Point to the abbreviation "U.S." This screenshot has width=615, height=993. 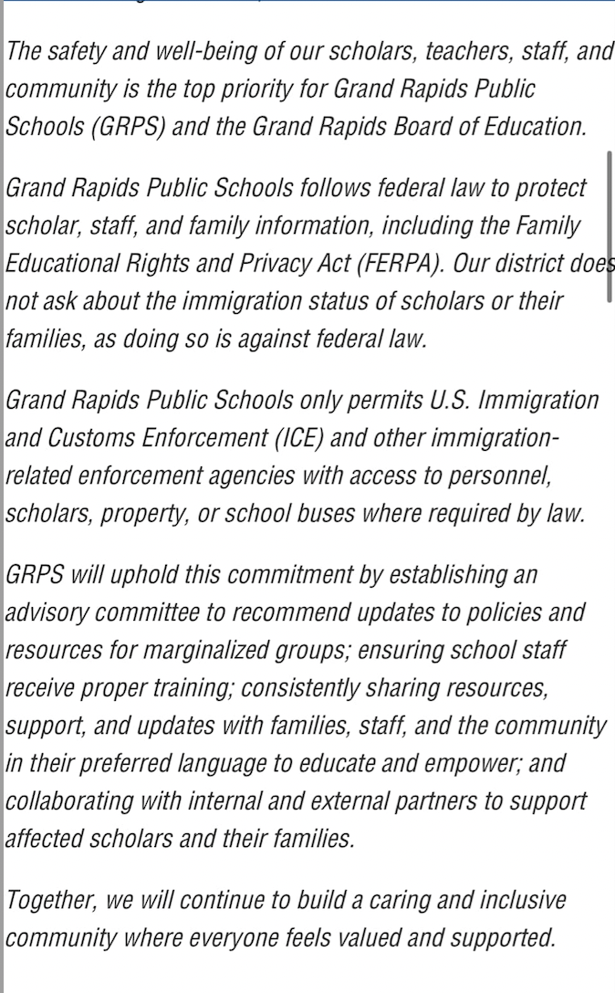[443, 400]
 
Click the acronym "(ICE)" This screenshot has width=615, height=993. [297, 438]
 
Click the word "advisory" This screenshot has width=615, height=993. [49, 612]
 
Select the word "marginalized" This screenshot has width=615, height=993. [212, 651]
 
